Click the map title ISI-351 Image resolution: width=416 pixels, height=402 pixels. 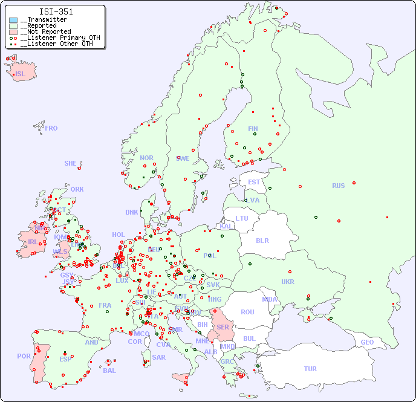[56, 11]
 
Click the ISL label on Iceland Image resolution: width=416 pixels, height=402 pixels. [20, 74]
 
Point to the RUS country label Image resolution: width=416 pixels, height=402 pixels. [338, 186]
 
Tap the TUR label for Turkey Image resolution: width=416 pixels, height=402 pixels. [310, 369]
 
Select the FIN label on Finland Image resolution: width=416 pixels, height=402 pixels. [253, 129]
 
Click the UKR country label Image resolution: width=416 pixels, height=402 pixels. [288, 282]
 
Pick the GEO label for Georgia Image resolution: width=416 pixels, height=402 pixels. [367, 342]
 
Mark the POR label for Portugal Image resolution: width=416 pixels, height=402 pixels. [24, 356]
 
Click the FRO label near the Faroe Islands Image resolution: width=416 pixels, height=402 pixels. [51, 128]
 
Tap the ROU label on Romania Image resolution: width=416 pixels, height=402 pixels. [247, 312]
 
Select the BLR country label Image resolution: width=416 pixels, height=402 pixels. [262, 240]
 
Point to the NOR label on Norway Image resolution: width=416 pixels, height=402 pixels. [146, 158]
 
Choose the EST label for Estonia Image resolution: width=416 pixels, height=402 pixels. [254, 182]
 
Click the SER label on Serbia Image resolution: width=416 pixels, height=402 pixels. [223, 327]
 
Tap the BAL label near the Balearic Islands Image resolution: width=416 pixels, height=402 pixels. [109, 371]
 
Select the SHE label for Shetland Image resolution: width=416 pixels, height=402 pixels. [70, 163]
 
